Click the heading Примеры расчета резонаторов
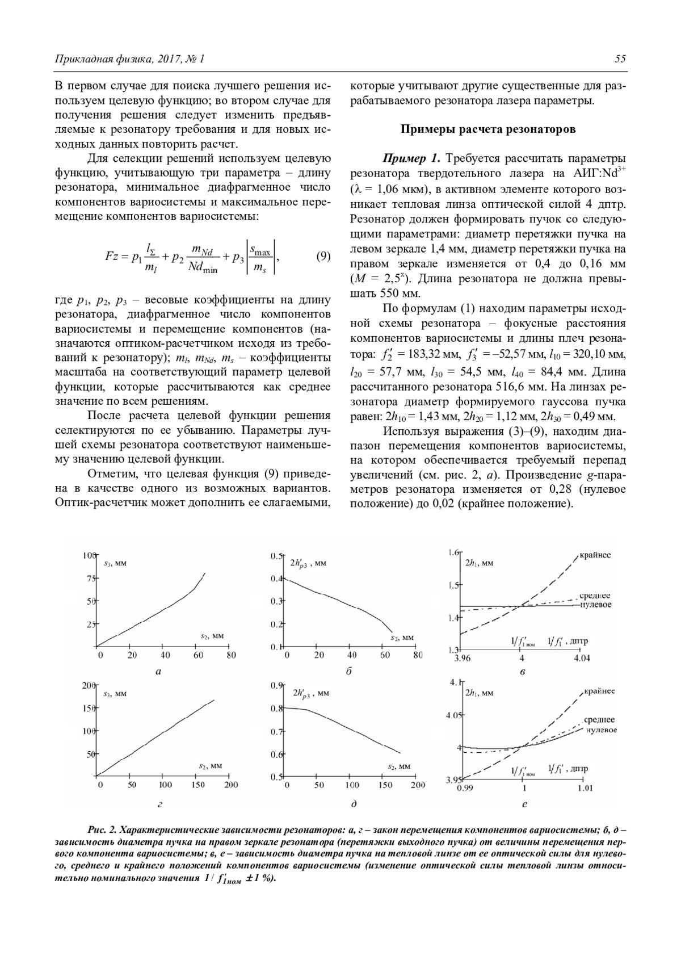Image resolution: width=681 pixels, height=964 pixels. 488,129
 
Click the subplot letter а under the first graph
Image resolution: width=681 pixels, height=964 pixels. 158,672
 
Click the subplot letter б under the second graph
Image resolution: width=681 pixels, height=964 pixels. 349,672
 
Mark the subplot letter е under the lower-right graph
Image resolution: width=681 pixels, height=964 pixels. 524,804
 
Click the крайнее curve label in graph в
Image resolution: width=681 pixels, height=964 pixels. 595,555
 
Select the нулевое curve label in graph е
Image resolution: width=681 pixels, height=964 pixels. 601,730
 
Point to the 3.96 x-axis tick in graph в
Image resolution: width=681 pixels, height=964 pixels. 463,659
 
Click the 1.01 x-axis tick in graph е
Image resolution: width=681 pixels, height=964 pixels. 585,788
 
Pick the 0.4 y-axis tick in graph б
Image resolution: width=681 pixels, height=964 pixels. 276,579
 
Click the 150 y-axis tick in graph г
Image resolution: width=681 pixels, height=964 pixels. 87,708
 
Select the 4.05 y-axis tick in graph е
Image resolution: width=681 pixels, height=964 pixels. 454,715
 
